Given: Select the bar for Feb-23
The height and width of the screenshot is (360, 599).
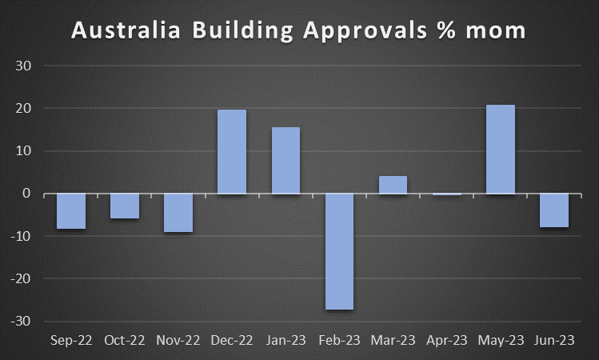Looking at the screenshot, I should pos(339,251).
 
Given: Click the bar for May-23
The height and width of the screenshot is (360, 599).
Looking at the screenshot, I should pos(501,150).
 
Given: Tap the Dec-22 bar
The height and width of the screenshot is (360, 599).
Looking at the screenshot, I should pos(232,152).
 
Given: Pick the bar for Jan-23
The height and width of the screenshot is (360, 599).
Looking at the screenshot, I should pos(286,160).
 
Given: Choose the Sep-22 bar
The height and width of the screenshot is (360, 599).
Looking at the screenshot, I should pos(71,211).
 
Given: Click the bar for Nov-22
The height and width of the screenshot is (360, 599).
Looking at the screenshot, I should pos(178,213).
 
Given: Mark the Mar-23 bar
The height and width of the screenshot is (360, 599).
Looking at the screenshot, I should pos(393,185).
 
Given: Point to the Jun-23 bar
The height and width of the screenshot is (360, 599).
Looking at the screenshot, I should pos(554,210).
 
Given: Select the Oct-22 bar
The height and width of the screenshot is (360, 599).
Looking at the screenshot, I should pos(125,206).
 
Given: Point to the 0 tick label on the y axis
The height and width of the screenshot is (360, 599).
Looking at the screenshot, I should pos(26,194).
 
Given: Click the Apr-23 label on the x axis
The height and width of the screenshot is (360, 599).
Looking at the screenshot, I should pos(447,341).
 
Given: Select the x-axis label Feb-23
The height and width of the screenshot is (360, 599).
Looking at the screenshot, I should pos(339,341).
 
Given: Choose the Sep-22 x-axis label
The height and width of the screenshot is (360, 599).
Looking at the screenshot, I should pos(71,341).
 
